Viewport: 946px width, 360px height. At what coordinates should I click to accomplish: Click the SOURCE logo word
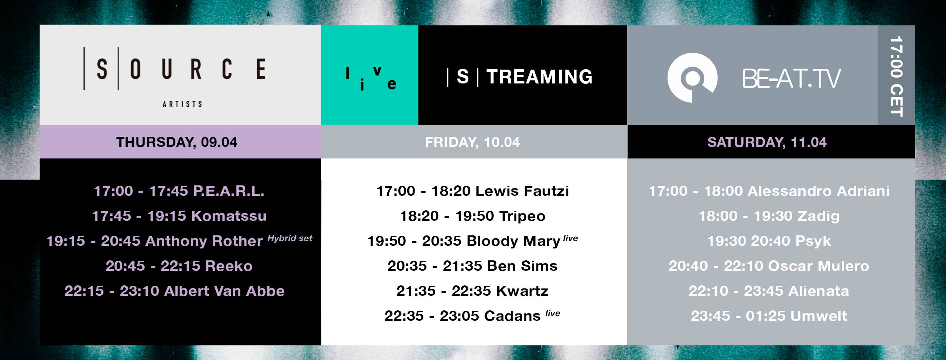(x=175, y=69)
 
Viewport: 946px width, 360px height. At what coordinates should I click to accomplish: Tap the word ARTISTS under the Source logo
(x=182, y=104)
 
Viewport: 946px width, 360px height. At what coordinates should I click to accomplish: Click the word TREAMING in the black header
(x=540, y=77)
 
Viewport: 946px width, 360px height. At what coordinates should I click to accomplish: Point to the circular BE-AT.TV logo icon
(x=692, y=78)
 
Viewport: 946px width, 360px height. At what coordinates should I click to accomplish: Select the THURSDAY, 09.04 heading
(x=177, y=142)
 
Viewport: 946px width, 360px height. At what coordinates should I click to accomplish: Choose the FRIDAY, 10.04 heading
(x=472, y=142)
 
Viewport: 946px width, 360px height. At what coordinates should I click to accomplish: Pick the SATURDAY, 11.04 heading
(x=767, y=142)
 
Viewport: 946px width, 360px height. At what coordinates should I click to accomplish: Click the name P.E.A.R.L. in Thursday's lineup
(x=229, y=191)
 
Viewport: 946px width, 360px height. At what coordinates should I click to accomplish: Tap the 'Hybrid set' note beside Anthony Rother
(x=290, y=238)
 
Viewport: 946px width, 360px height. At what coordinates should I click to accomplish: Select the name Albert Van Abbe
(x=225, y=291)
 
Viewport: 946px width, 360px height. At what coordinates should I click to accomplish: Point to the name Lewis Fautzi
(x=522, y=191)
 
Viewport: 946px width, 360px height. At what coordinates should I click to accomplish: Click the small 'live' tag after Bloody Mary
(x=571, y=238)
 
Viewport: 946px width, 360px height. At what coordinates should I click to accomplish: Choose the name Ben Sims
(x=522, y=266)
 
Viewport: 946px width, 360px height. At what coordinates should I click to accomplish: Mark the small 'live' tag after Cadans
(x=553, y=313)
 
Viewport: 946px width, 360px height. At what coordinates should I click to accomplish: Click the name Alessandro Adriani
(x=819, y=191)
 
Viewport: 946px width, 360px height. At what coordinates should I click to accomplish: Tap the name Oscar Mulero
(x=819, y=266)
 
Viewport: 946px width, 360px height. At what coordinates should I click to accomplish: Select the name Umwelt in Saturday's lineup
(x=819, y=316)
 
